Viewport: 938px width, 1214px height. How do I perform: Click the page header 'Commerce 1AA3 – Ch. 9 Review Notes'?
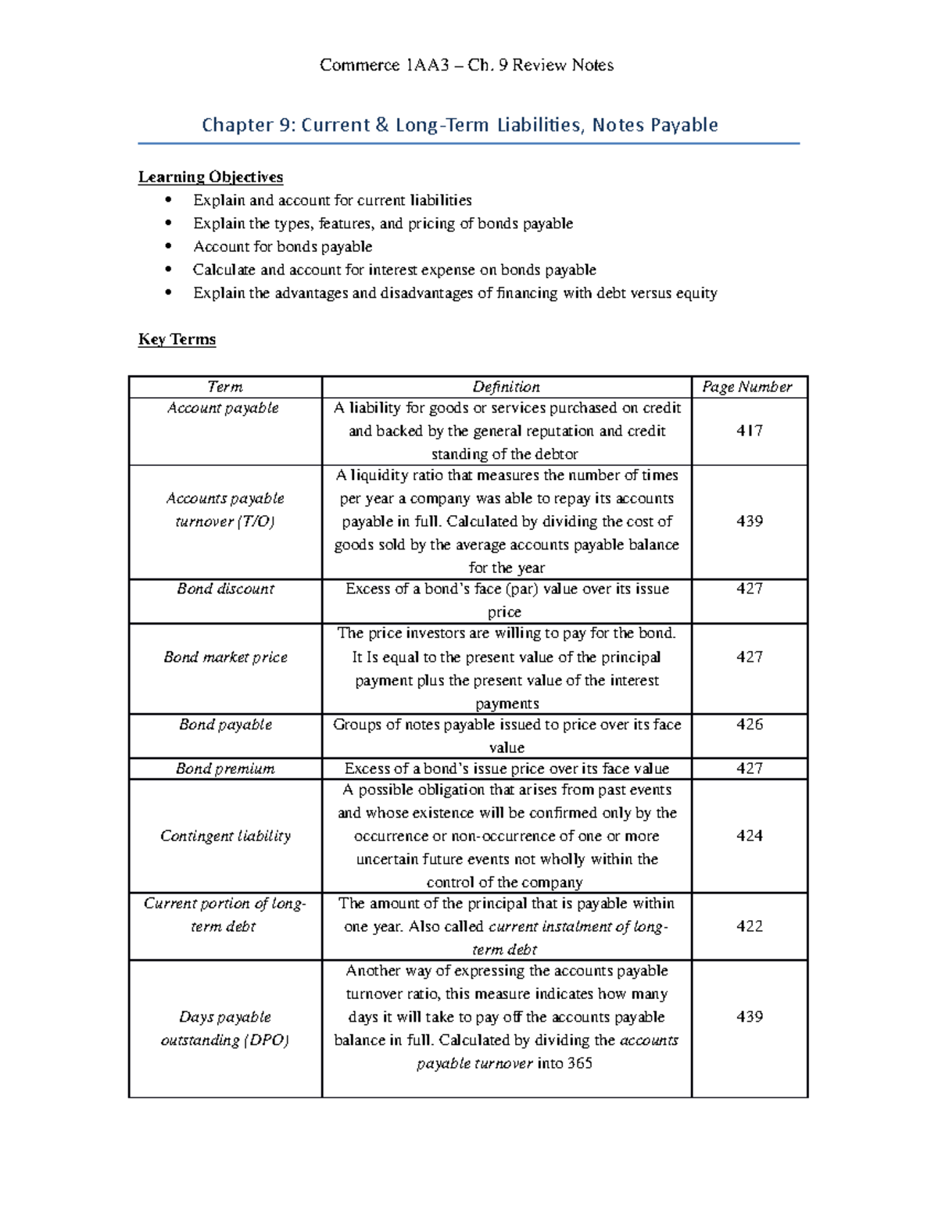[x=467, y=65]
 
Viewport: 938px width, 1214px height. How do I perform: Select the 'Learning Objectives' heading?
[x=210, y=177]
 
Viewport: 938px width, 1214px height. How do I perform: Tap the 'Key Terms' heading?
[x=177, y=339]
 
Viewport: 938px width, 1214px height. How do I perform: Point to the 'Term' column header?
[x=225, y=387]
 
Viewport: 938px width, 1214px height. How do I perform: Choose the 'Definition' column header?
[x=506, y=387]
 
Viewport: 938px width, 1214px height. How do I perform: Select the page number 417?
[x=749, y=431]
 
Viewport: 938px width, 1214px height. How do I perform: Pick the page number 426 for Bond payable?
[x=749, y=725]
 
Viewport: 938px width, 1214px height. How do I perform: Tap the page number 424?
[x=749, y=836]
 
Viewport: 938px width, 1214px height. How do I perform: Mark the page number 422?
[x=749, y=926]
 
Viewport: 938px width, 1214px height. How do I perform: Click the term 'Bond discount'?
[x=225, y=589]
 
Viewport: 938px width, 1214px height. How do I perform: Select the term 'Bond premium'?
[x=225, y=768]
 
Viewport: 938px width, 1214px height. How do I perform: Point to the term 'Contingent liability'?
[x=225, y=836]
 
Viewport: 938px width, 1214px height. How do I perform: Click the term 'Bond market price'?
[x=225, y=657]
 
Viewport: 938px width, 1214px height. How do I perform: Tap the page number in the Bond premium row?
[x=749, y=768]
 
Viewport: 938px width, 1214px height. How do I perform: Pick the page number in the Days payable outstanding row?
[x=749, y=1017]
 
